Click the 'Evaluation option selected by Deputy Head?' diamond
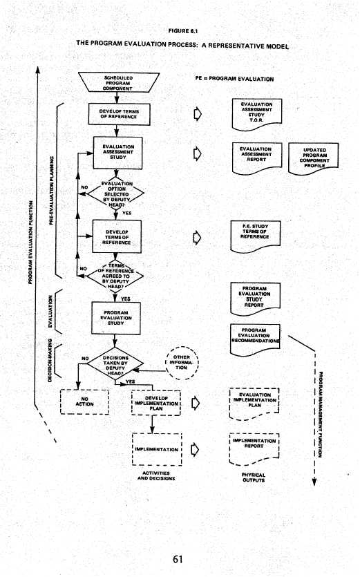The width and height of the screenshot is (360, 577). [x=115, y=193]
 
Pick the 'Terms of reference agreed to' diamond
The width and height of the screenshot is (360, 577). [x=115, y=277]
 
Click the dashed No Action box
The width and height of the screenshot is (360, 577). [x=87, y=401]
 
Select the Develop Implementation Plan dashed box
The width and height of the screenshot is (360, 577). [x=155, y=402]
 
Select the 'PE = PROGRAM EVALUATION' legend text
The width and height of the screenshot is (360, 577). [x=234, y=79]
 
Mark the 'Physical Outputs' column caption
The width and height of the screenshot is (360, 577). [x=254, y=477]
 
